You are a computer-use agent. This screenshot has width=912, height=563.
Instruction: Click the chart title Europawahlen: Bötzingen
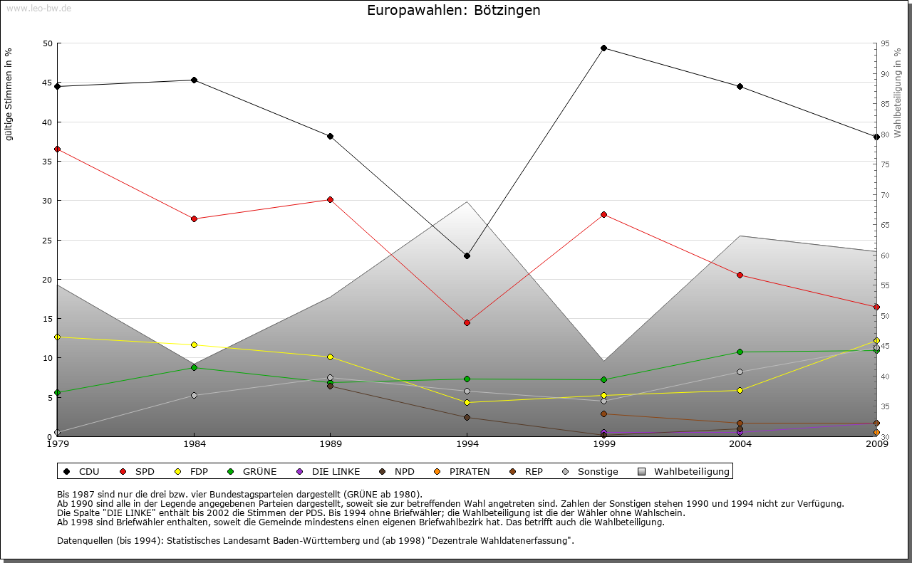[x=453, y=11]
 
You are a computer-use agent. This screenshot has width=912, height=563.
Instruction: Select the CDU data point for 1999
[x=603, y=48]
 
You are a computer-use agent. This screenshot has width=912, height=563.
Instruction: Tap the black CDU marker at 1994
[x=467, y=256]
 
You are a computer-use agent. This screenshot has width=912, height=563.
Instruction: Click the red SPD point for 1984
[x=194, y=219]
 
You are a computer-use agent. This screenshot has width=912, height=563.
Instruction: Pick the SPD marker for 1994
[x=467, y=322]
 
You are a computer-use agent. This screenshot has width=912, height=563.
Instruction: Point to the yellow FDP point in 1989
[x=330, y=357]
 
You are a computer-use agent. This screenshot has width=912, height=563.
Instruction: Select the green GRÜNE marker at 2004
[x=740, y=352]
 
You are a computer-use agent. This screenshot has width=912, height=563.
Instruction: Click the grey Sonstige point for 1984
[x=194, y=395]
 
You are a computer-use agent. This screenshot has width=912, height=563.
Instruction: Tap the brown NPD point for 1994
[x=467, y=417]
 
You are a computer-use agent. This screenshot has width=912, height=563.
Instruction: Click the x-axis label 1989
[x=330, y=445]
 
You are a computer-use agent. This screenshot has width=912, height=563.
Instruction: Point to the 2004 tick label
[x=740, y=445]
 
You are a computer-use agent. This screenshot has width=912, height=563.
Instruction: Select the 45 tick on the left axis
[x=48, y=83]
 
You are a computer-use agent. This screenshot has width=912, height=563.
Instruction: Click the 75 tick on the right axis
[x=886, y=164]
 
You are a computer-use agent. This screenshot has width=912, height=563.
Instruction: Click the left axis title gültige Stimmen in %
[x=9, y=94]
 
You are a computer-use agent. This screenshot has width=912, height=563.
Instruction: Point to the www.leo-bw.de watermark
[x=38, y=8]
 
